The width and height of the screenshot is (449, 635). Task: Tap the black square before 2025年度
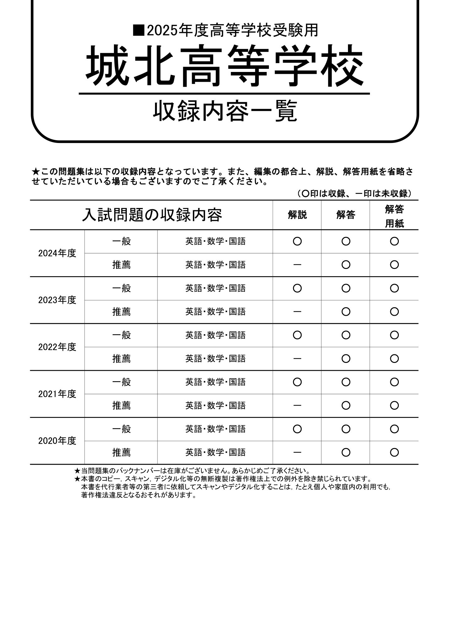[138, 30]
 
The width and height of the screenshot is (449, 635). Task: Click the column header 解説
[297, 215]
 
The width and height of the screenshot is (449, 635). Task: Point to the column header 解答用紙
[394, 216]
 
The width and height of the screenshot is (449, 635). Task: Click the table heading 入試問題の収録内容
[152, 215]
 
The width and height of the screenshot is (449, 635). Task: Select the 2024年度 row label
[57, 253]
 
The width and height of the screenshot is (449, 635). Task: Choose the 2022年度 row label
[57, 347]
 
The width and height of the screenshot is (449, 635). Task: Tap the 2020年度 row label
[57, 441]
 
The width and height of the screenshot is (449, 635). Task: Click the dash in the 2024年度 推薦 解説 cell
[297, 265]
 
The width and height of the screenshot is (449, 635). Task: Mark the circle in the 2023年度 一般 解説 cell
[297, 288]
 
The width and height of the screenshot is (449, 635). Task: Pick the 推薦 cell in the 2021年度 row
[121, 406]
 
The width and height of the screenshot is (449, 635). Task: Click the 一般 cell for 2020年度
[121, 429]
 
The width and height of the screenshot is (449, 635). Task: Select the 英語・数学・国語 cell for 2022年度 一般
[215, 335]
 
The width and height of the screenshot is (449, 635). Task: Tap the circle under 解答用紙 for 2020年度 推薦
[394, 452]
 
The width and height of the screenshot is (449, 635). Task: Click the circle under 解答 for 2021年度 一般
[345, 382]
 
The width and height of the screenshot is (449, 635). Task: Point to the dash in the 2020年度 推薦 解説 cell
[297, 452]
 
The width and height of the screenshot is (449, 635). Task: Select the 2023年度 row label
[57, 300]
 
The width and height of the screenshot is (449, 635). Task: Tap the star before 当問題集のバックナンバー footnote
[77, 471]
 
